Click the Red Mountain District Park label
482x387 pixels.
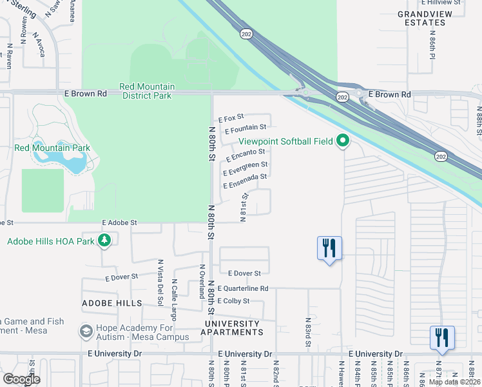coord(146,91)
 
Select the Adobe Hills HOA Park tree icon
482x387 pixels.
coord(104,242)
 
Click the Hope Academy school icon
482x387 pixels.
coord(85,332)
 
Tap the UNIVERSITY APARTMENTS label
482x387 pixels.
coord(233,328)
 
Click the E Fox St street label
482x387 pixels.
coord(231,119)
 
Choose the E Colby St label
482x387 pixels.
coord(233,301)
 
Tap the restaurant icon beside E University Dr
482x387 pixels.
coord(442,338)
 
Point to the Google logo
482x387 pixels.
coord(21,379)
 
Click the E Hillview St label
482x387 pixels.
coord(439,3)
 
